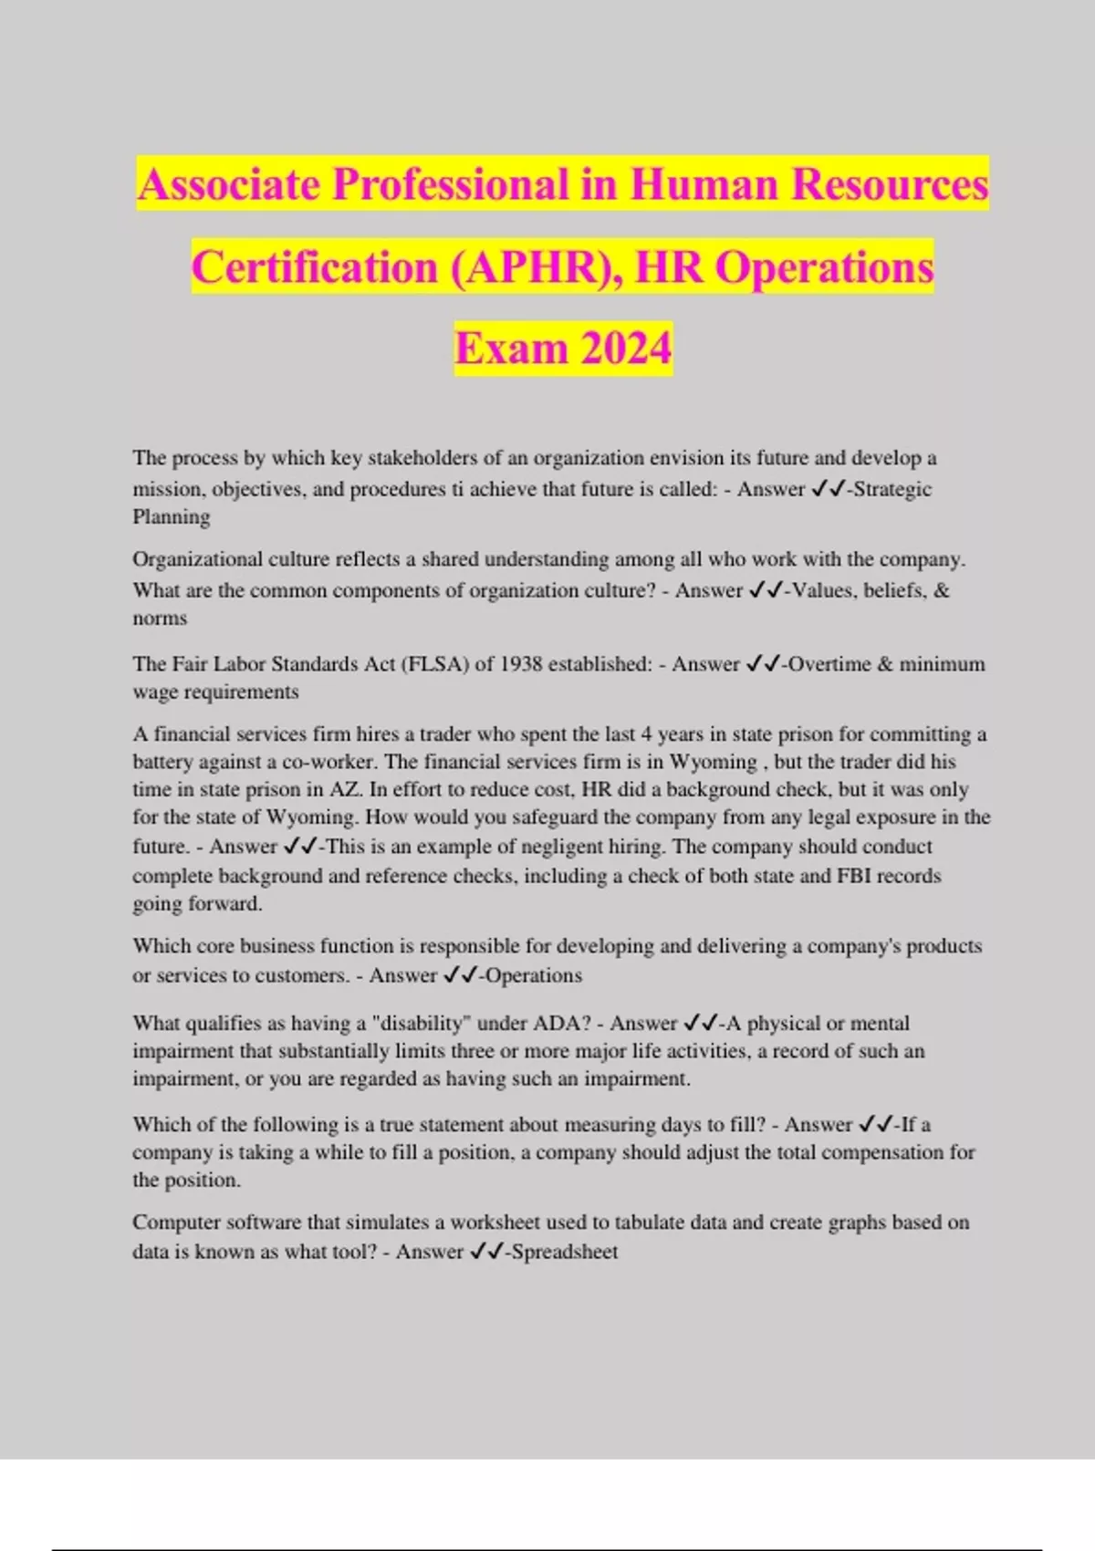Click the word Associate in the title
point(228,184)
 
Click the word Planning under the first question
point(172,517)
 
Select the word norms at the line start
point(160,619)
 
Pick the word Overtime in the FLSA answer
point(829,664)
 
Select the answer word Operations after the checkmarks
point(534,975)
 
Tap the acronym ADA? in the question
point(562,1024)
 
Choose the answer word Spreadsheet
point(565,1252)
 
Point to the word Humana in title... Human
point(704,184)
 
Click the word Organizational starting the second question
point(197,559)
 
